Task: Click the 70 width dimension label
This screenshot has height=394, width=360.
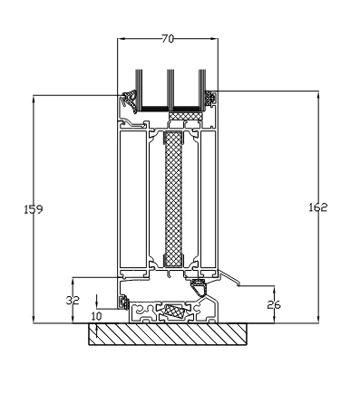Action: [168, 39]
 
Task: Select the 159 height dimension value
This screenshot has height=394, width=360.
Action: [34, 209]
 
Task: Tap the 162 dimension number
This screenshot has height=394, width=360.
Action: [318, 207]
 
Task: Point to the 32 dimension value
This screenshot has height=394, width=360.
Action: [73, 300]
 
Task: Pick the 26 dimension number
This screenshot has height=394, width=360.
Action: [274, 305]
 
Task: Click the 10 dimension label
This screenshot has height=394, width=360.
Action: [96, 316]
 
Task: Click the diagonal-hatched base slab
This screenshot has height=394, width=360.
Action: [168, 334]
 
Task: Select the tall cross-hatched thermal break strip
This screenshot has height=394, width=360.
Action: [173, 199]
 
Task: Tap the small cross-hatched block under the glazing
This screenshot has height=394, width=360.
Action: [186, 116]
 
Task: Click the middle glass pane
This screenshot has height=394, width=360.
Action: [170, 90]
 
